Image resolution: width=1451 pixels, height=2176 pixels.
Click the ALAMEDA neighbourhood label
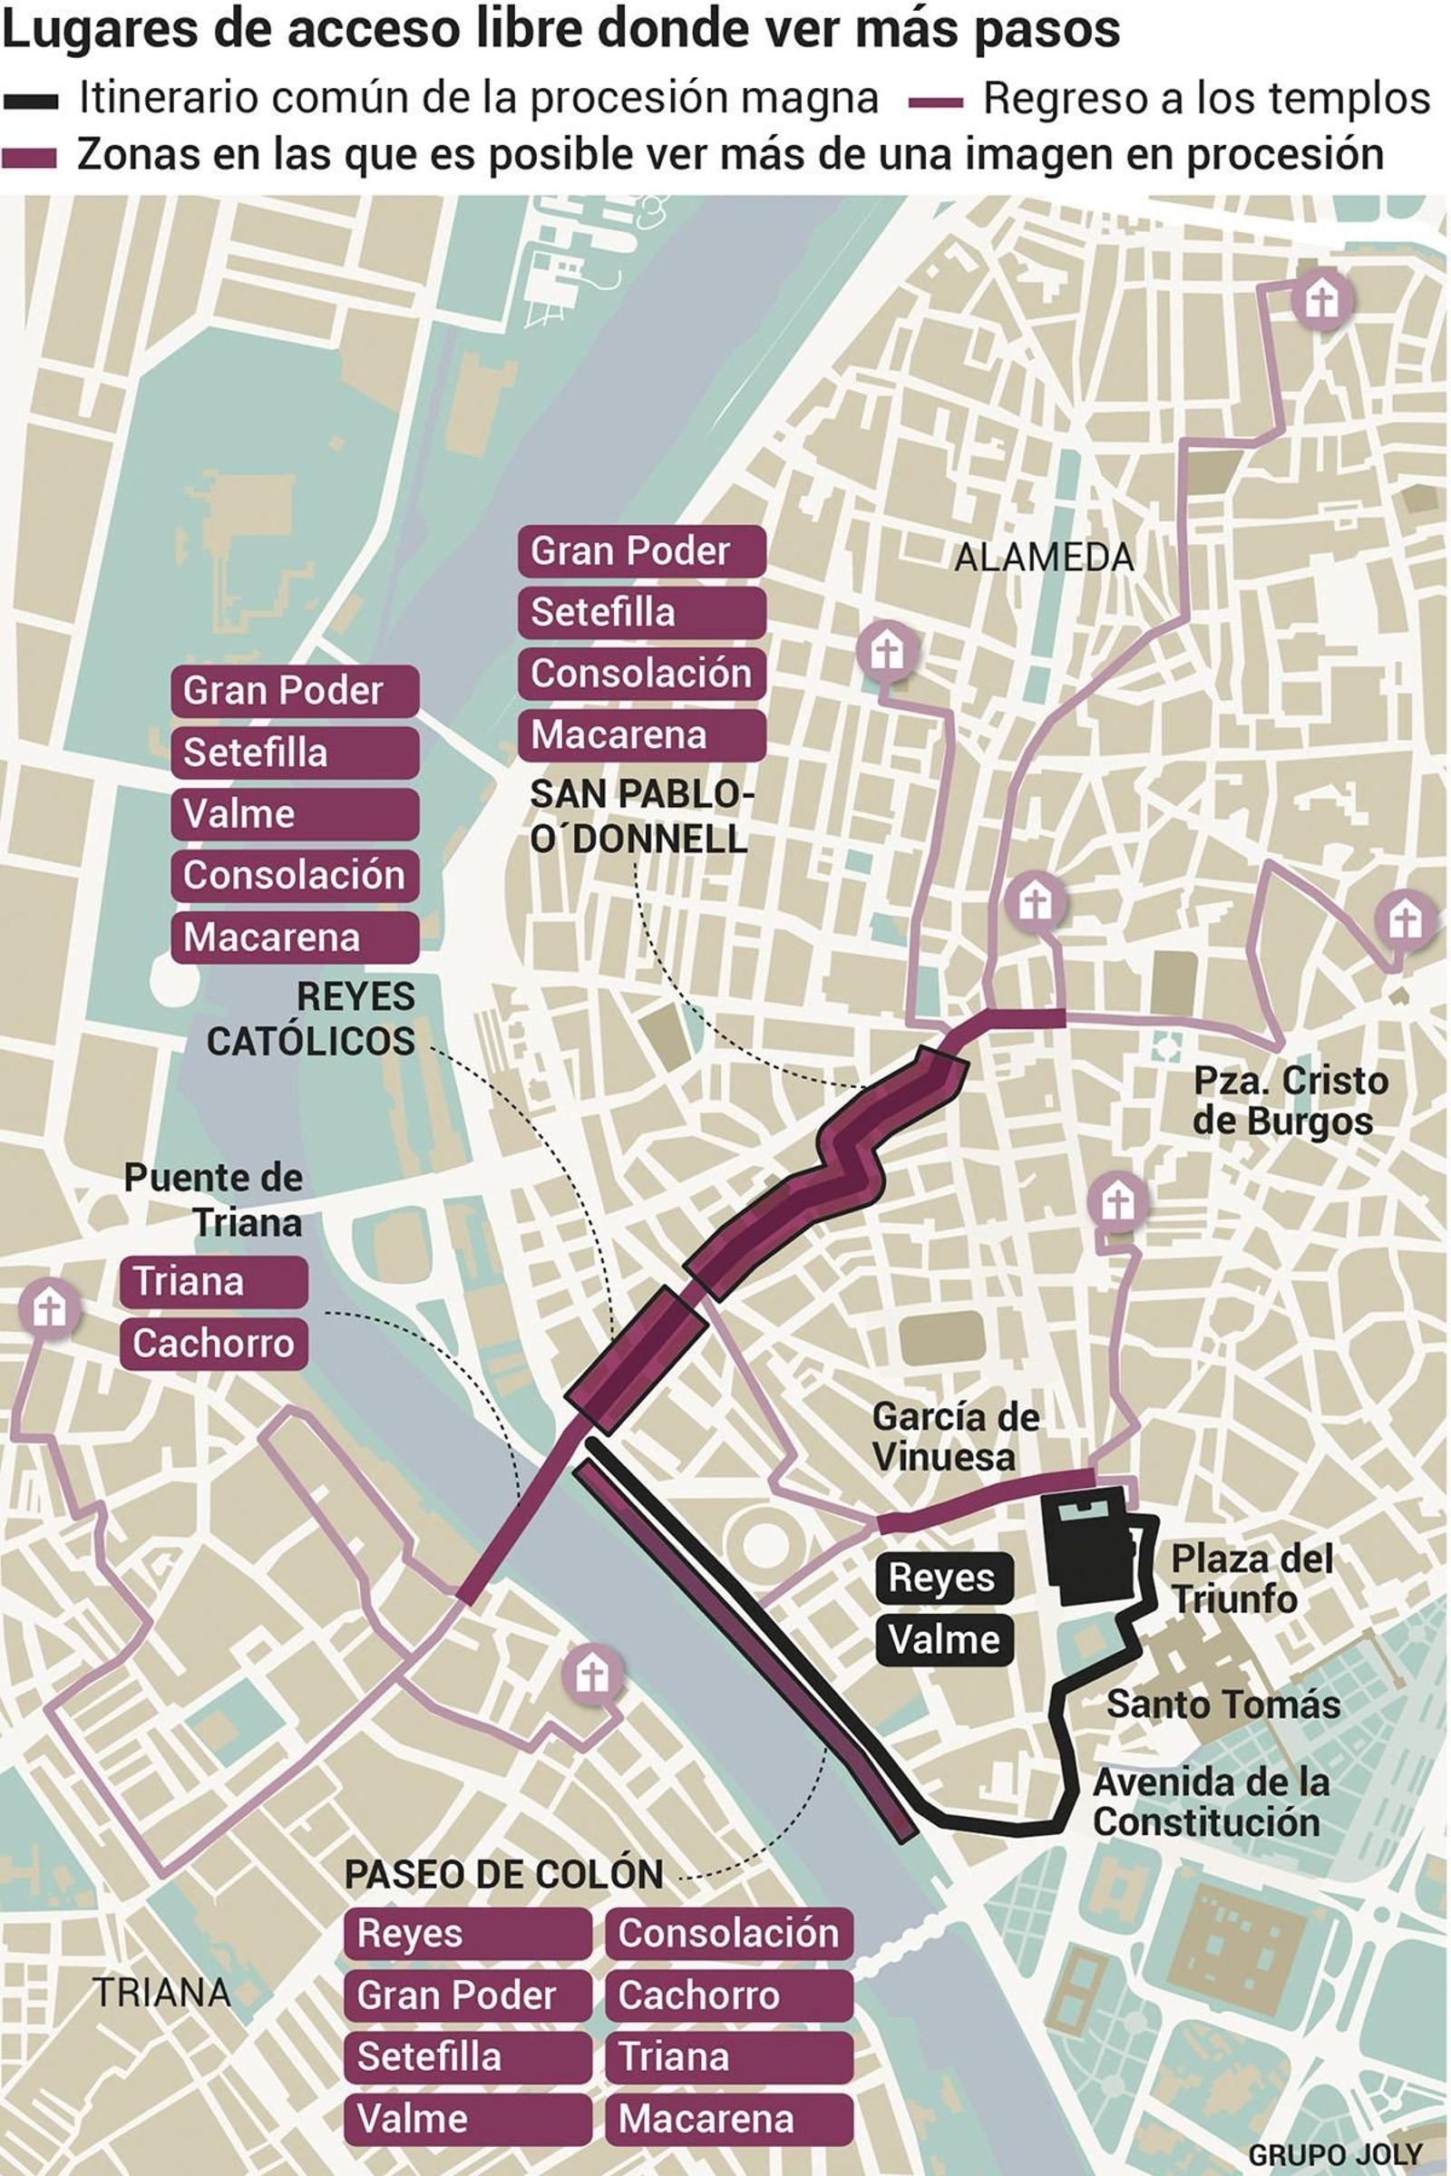[x=1044, y=558]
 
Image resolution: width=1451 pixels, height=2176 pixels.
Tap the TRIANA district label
[x=162, y=1992]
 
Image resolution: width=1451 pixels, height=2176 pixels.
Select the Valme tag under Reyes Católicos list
[x=294, y=814]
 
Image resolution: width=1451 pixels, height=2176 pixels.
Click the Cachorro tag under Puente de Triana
[x=213, y=1344]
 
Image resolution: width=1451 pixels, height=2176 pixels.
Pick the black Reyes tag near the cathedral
[x=944, y=1578]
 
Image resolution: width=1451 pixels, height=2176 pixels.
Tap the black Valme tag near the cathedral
[x=944, y=1639]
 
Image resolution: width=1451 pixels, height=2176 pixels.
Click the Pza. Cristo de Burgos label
[x=1290, y=1101]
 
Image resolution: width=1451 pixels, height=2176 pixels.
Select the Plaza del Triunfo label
[x=1251, y=1579]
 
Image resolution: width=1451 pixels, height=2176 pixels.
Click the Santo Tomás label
[x=1223, y=1705]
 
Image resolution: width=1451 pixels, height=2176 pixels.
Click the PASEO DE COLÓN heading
[x=503, y=1874]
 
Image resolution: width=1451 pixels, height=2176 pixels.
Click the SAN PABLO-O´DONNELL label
[x=641, y=817]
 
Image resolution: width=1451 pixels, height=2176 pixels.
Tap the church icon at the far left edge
[x=49, y=1309]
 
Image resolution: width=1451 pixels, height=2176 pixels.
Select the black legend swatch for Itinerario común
[x=31, y=101]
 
